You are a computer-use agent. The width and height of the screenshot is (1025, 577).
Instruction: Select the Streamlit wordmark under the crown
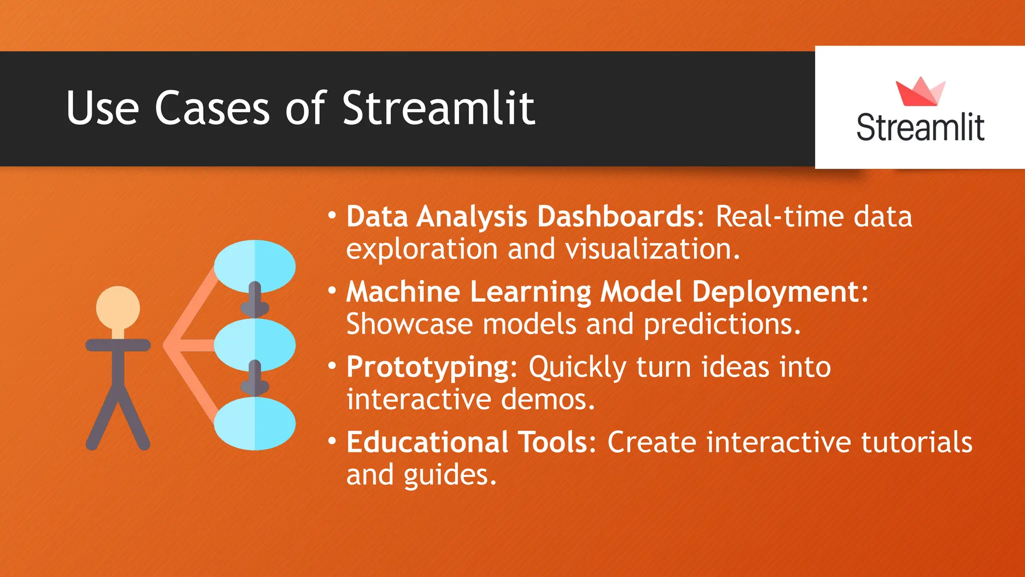pos(920,127)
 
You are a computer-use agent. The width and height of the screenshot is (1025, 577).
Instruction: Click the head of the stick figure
pos(118,308)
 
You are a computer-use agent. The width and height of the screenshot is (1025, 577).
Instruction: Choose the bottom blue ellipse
pos(254,424)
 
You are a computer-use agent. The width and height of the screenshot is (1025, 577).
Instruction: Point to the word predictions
pos(722,325)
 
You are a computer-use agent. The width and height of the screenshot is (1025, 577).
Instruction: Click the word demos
pos(548,400)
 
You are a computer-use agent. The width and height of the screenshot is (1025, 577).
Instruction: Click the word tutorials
pos(916,442)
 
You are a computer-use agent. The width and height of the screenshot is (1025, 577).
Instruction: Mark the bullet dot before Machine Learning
pos(332,291)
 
